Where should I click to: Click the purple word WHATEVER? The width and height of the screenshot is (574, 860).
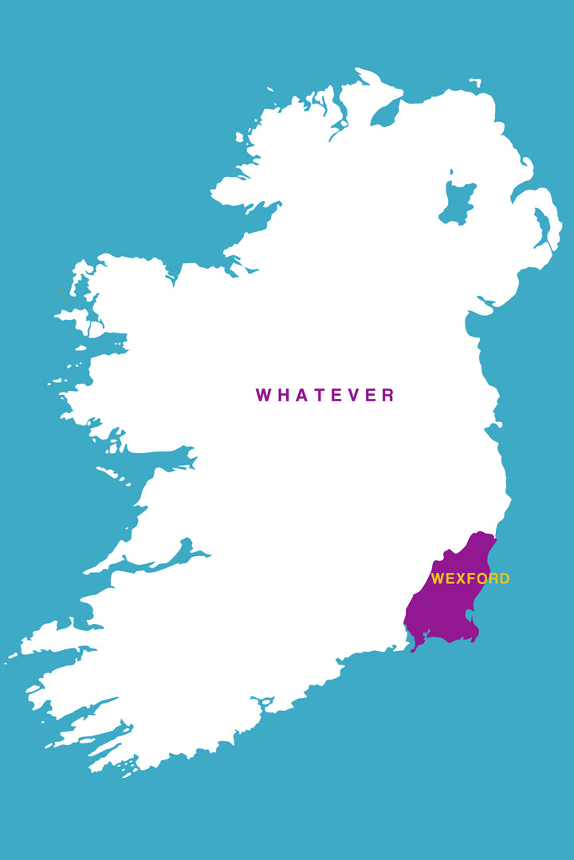325,395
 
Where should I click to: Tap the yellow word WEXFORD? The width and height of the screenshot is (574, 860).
470,578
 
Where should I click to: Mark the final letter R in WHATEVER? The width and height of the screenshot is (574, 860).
388,395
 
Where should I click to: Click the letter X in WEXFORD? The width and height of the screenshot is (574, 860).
461,578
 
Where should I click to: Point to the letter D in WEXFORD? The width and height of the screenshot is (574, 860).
504,578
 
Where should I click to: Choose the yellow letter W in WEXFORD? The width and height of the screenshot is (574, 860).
438,578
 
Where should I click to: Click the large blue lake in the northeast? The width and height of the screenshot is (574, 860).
457,203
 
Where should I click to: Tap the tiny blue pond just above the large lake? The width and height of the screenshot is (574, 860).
451,172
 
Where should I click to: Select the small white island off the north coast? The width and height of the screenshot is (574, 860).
475,81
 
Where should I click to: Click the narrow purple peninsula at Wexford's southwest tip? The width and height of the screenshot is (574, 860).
414,645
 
